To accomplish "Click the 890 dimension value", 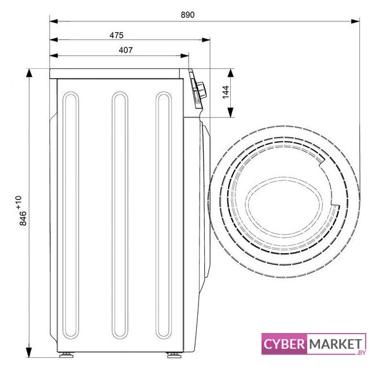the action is click(187, 14).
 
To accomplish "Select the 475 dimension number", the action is click(116, 35).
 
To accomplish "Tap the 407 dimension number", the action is click(126, 50).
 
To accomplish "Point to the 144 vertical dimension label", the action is click(226, 92).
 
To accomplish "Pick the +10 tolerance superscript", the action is click(19, 203).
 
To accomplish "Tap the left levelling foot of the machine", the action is click(67, 355).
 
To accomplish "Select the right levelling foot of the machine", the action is click(174, 355).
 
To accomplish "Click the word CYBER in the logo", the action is click(284, 344).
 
